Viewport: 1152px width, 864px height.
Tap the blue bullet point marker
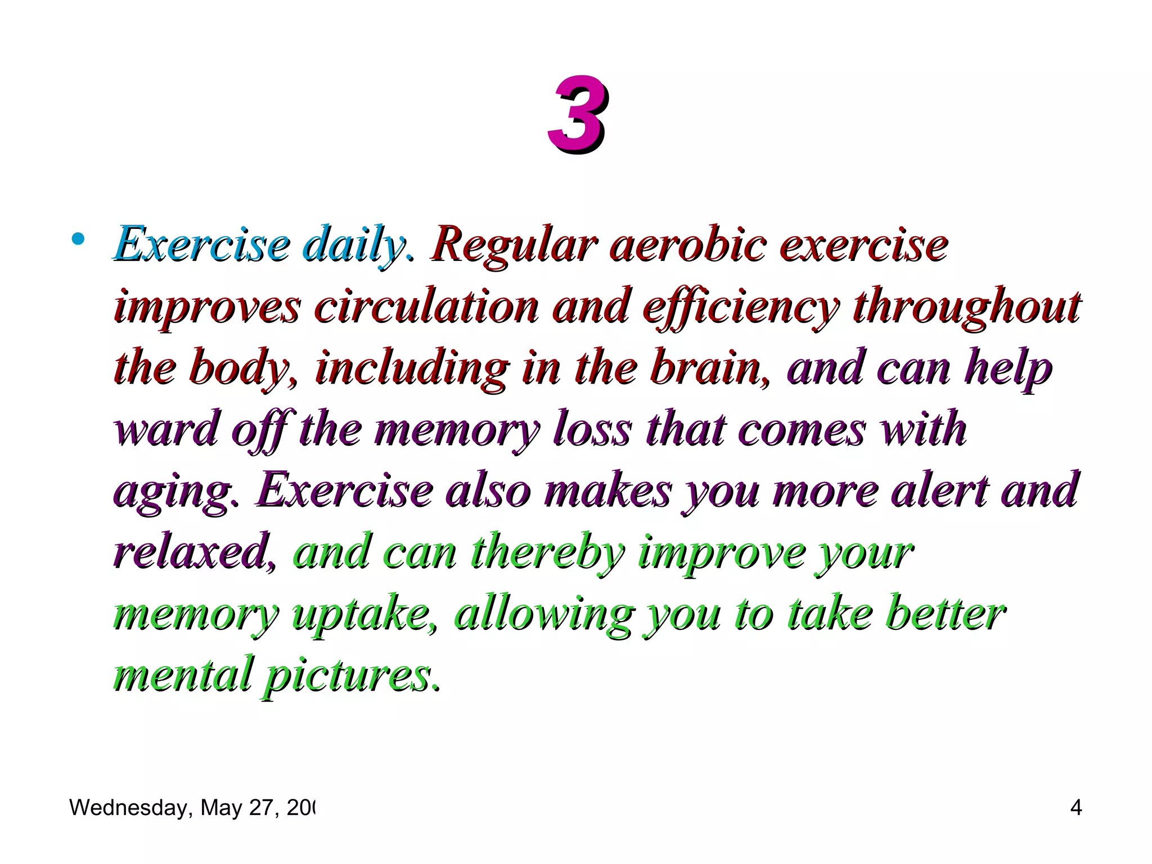78,240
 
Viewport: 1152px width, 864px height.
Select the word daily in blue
353,245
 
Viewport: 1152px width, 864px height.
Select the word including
411,369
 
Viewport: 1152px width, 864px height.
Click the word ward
165,430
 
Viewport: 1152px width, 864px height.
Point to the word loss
592,430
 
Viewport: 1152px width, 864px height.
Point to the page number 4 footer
1075,808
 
